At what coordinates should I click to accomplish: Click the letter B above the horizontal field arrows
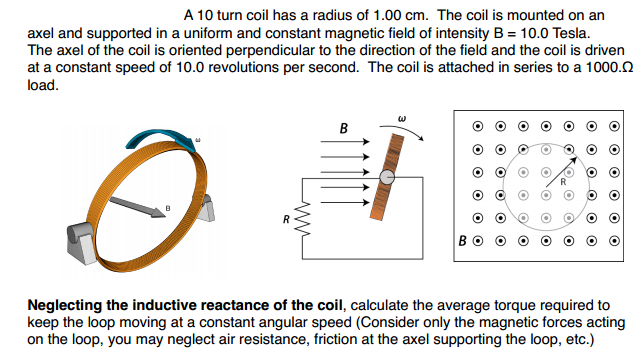(x=344, y=129)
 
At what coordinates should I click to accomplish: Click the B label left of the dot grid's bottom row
(x=463, y=240)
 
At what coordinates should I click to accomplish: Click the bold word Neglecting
(x=67, y=304)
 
